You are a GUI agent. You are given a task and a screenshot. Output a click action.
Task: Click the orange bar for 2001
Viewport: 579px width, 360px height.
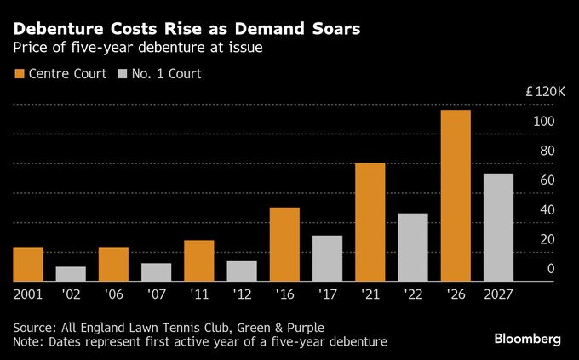coord(29,264)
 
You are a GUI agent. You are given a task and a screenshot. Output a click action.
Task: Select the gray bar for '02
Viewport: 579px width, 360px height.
coord(72,274)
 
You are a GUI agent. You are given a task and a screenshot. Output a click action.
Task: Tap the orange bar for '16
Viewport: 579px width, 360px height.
coord(284,244)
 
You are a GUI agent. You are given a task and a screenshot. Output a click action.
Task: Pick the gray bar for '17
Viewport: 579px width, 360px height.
coord(327,258)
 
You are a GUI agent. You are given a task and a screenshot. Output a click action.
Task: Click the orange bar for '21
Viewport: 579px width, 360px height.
coord(370,222)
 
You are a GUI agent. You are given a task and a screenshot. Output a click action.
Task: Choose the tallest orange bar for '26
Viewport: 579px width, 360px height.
coord(456,196)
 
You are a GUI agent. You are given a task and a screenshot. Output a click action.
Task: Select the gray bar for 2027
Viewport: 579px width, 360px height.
coord(498,227)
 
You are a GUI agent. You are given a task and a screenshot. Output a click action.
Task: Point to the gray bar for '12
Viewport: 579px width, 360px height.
coord(242,271)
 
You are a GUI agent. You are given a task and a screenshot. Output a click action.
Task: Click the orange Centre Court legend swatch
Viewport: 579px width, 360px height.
coord(18,74)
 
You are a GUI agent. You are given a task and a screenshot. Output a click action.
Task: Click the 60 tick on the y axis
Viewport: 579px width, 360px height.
coord(548,180)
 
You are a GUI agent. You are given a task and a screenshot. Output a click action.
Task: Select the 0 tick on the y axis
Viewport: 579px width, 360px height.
coord(552,269)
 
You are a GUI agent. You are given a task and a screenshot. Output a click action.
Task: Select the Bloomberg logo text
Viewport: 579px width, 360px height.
coord(528,339)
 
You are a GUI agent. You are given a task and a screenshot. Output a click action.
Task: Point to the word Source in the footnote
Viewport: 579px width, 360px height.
coord(35,328)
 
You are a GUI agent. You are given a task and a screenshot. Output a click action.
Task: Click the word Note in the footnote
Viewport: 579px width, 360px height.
coord(28,341)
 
